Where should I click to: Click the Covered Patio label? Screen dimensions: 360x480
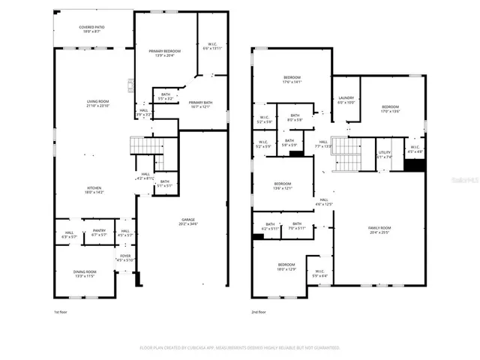(x=92, y=29)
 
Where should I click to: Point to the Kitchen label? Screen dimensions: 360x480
(x=93, y=190)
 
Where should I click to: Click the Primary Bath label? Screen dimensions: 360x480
(x=200, y=104)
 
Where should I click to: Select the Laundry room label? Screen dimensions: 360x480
(x=346, y=100)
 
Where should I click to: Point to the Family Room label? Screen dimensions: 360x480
(x=379, y=229)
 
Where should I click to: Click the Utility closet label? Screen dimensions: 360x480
(x=384, y=154)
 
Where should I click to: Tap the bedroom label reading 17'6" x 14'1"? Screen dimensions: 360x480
(x=292, y=80)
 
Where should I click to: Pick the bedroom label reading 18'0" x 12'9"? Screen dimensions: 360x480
(x=287, y=266)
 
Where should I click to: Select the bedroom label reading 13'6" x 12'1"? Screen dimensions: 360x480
(x=283, y=186)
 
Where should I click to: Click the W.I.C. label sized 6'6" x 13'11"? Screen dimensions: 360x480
(x=213, y=46)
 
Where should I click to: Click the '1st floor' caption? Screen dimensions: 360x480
(x=61, y=311)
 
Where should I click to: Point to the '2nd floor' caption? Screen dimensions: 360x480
(x=259, y=311)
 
